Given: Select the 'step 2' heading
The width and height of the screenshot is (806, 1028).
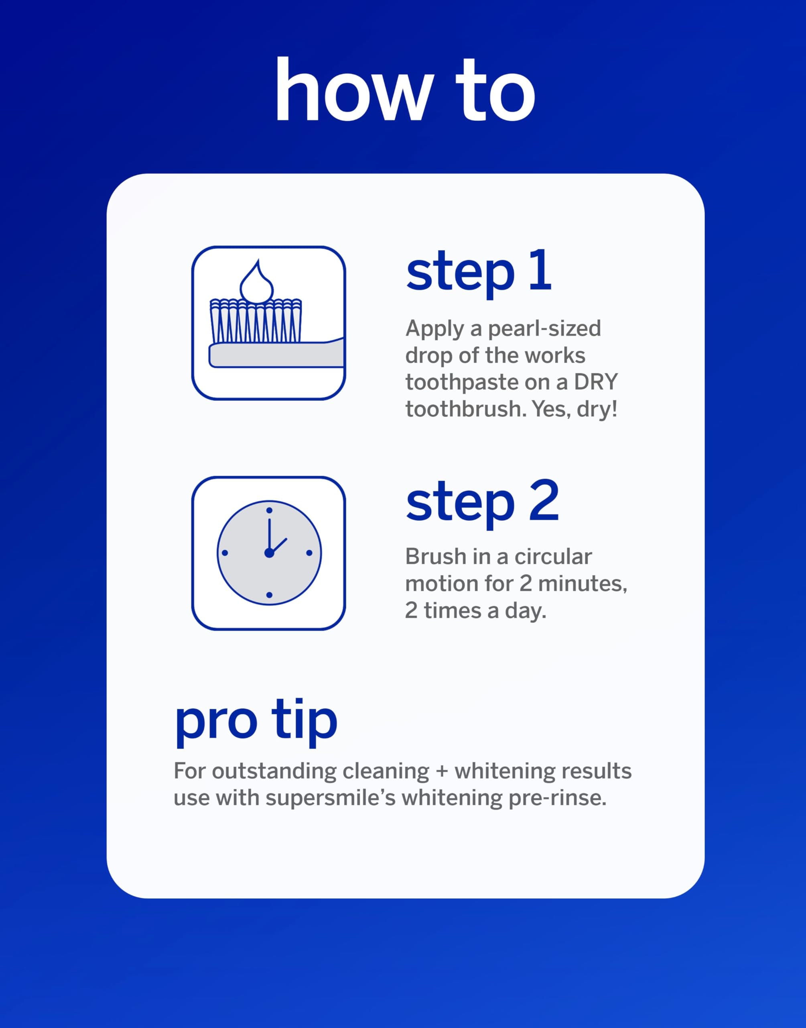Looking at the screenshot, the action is (482, 503).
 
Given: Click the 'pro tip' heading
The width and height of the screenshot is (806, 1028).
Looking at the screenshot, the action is (256, 722).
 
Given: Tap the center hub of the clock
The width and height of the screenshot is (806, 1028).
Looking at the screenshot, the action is (269, 553).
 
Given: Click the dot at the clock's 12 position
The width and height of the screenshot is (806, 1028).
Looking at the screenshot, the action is (269, 510).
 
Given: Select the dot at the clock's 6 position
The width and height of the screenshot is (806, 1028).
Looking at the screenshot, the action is (269, 595).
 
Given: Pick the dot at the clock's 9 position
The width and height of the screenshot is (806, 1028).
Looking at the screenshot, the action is (225, 553).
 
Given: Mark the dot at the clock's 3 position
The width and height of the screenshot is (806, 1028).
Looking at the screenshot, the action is (309, 553).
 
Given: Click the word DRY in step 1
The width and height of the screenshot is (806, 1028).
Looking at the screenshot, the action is (595, 382).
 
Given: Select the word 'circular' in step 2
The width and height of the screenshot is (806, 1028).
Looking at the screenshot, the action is (553, 557).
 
